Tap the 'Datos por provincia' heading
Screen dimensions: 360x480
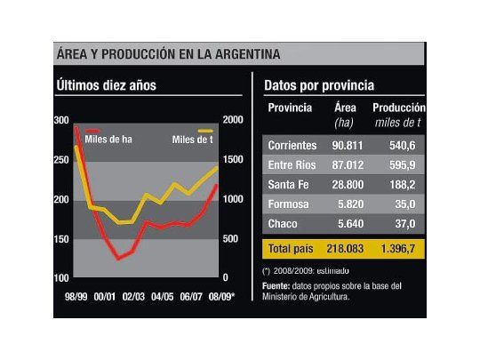318,86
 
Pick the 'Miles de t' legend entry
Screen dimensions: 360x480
193,139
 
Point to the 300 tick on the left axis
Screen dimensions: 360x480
60,120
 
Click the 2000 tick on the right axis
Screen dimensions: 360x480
231,120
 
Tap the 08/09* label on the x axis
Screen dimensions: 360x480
221,295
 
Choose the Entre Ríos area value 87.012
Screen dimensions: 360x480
351,164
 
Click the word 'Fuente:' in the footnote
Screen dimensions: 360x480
277,285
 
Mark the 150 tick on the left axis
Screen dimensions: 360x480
60,239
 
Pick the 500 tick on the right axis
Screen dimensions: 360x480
229,239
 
